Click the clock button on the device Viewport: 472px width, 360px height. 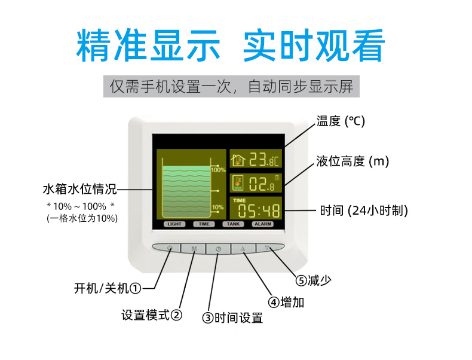218,249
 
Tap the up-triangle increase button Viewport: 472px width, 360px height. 243,249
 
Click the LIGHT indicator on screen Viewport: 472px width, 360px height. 174,224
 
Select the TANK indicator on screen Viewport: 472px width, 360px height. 233,224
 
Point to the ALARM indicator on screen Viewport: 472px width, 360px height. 263,224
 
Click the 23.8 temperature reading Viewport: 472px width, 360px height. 264,159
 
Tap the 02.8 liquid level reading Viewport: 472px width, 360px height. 262,184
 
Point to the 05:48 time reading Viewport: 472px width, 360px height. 259,210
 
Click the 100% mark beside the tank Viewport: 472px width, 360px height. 218,170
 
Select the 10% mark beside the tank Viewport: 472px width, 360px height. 217,208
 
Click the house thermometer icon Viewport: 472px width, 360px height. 238,159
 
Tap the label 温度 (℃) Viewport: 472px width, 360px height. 341,121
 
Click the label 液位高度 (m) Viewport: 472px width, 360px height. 353,161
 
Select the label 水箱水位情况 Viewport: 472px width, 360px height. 80,189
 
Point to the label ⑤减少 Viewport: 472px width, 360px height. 313,280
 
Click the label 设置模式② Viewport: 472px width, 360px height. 152,315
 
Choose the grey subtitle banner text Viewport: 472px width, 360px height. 231,87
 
